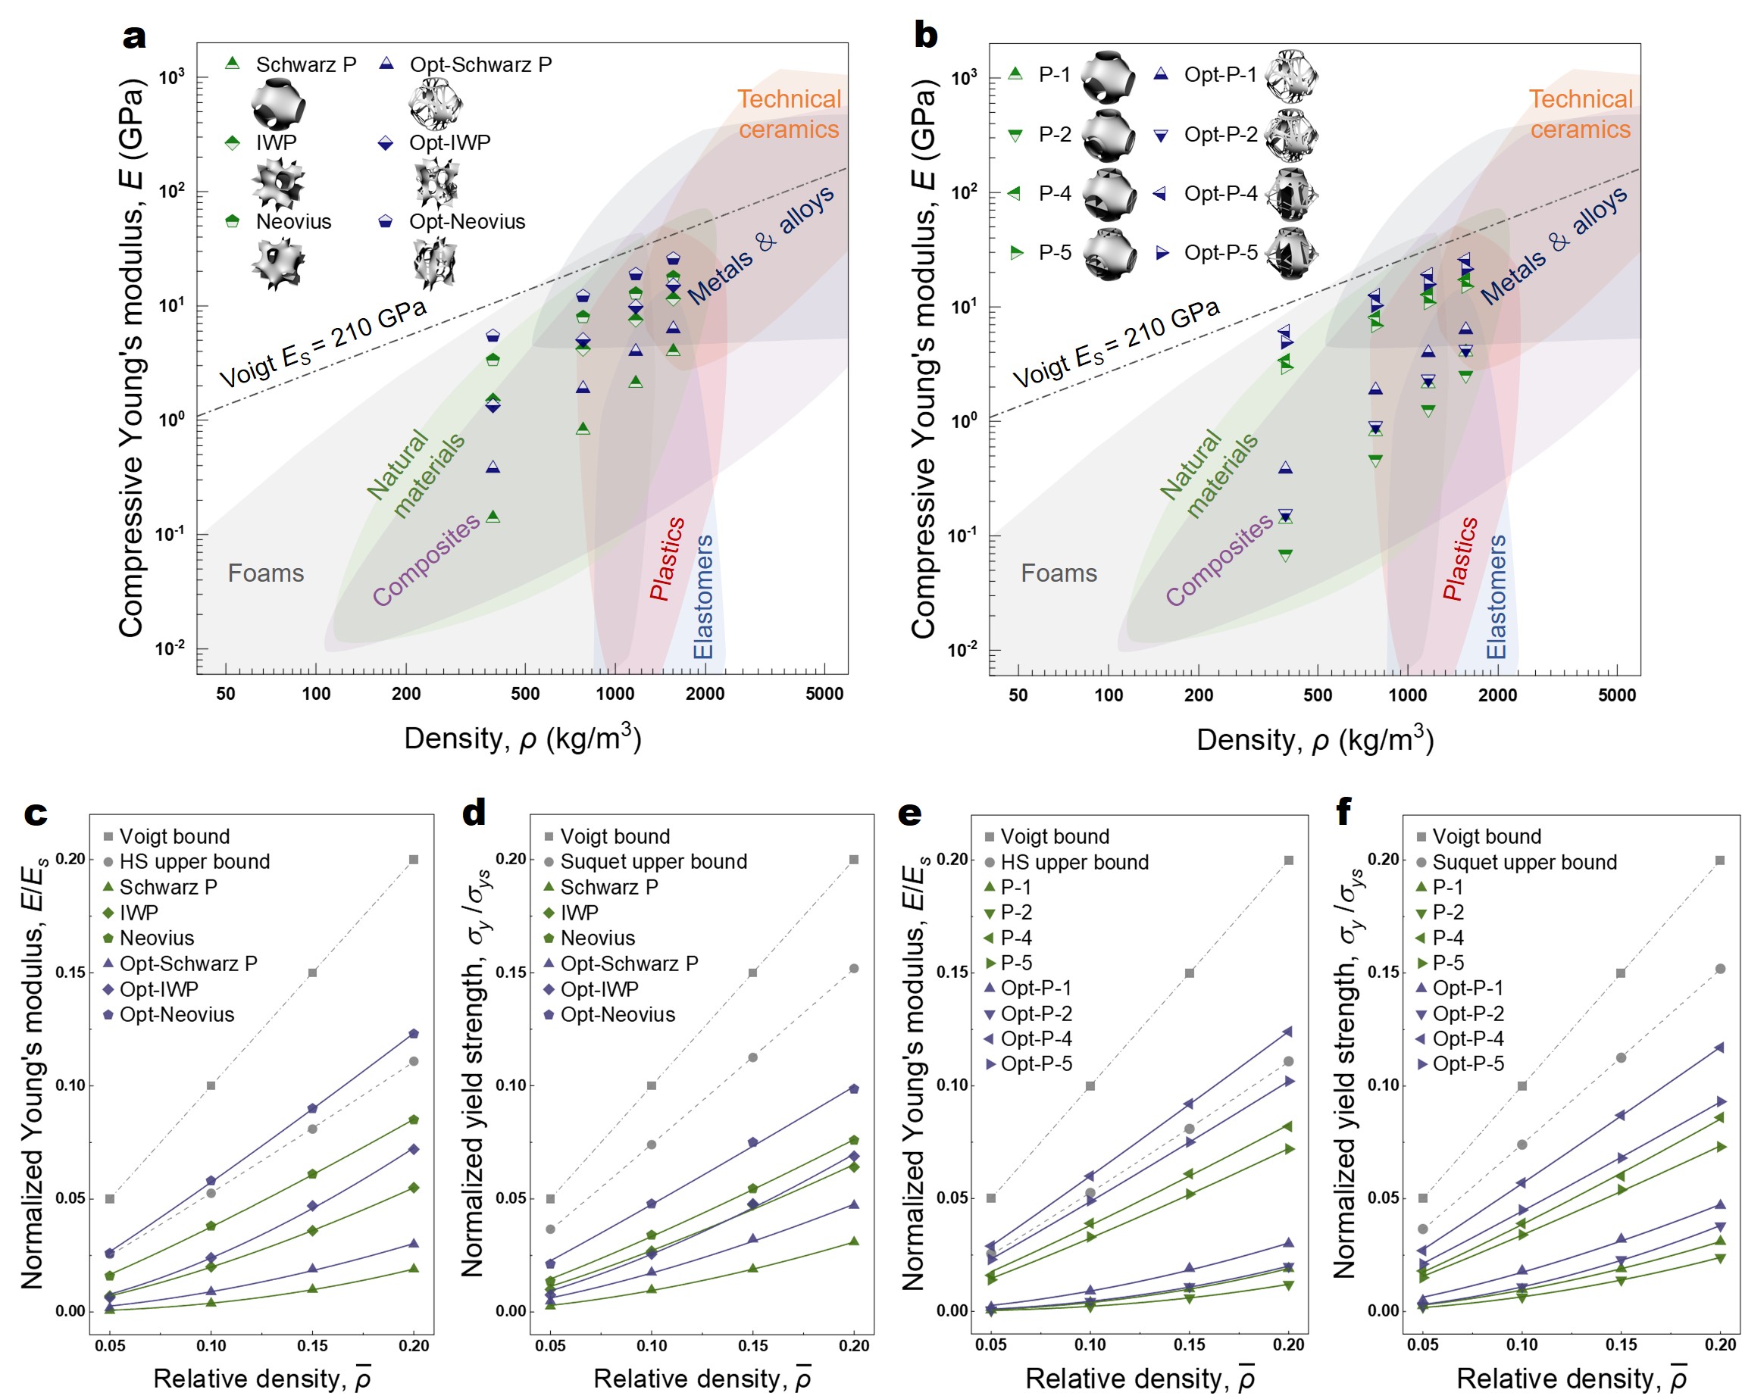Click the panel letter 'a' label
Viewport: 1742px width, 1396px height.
[x=134, y=36]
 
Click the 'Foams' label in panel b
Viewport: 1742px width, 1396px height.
[x=1059, y=573]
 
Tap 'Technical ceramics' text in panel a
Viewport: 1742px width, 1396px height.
[x=789, y=114]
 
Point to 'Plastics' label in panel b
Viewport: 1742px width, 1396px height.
[x=1460, y=559]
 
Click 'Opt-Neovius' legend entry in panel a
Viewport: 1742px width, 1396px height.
[x=466, y=221]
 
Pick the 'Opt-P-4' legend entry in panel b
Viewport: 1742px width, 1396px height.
[x=1220, y=193]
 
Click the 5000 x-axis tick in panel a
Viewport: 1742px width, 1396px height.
[x=824, y=693]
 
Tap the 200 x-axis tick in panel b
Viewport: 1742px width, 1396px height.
[x=1198, y=695]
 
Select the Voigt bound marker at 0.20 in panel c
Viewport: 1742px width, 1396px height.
[x=414, y=860]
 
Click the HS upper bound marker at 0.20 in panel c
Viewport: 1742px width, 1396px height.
[x=414, y=1061]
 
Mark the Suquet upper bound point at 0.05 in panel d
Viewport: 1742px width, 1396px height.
[x=550, y=1229]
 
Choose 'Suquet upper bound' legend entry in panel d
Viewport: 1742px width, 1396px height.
[x=653, y=861]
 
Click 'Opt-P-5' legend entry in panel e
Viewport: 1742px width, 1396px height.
[x=1036, y=1064]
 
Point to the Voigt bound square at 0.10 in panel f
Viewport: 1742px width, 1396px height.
[x=1522, y=1085]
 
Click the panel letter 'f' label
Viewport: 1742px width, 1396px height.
[x=1343, y=812]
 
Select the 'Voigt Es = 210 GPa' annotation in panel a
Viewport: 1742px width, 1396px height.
[x=324, y=343]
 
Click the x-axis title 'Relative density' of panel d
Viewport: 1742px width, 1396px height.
[x=702, y=1379]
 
